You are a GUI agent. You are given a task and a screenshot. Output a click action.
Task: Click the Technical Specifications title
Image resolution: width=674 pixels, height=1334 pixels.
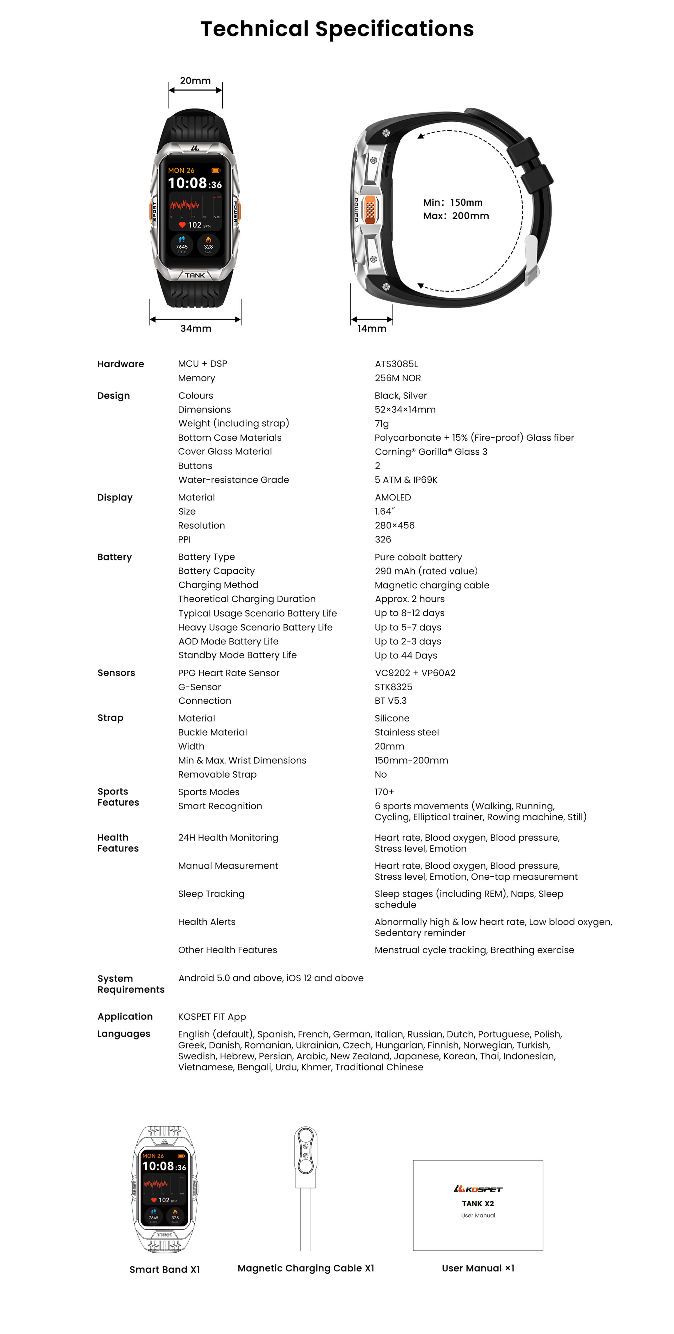pos(337,29)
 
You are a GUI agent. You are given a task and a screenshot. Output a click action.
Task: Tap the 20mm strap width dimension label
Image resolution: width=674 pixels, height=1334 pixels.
pos(195,80)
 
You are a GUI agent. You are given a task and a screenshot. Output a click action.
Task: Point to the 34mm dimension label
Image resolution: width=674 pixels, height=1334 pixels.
pos(196,328)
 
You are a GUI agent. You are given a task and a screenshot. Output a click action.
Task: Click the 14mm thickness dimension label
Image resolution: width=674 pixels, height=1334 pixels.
pos(372,328)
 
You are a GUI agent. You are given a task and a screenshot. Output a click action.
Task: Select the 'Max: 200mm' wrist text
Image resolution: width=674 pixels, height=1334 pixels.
pos(456,216)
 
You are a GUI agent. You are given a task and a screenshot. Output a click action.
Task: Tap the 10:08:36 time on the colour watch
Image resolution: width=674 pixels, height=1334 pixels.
pos(195,183)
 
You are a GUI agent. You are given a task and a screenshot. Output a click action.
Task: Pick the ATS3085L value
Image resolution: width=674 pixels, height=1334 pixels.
pos(396,364)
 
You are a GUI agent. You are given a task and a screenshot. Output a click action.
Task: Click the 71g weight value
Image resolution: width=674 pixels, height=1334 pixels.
pos(381,424)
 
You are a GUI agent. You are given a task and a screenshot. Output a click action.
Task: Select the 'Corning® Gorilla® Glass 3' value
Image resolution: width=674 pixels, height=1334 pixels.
pos(431,452)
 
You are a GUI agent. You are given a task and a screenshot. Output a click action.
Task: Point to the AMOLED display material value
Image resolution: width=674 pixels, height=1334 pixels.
pos(393,497)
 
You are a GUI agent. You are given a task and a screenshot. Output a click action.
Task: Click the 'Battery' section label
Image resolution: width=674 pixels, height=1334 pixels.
pos(114,557)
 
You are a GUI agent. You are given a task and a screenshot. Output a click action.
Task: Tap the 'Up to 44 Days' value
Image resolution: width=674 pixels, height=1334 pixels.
pos(406,656)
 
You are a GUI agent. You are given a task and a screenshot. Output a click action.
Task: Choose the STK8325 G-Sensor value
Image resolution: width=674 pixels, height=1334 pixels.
pos(393,687)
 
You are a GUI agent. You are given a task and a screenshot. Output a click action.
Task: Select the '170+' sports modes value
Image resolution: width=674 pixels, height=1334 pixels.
pos(384,792)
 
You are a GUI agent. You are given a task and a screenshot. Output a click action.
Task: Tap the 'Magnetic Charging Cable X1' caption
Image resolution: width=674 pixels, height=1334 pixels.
pos(305,1268)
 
